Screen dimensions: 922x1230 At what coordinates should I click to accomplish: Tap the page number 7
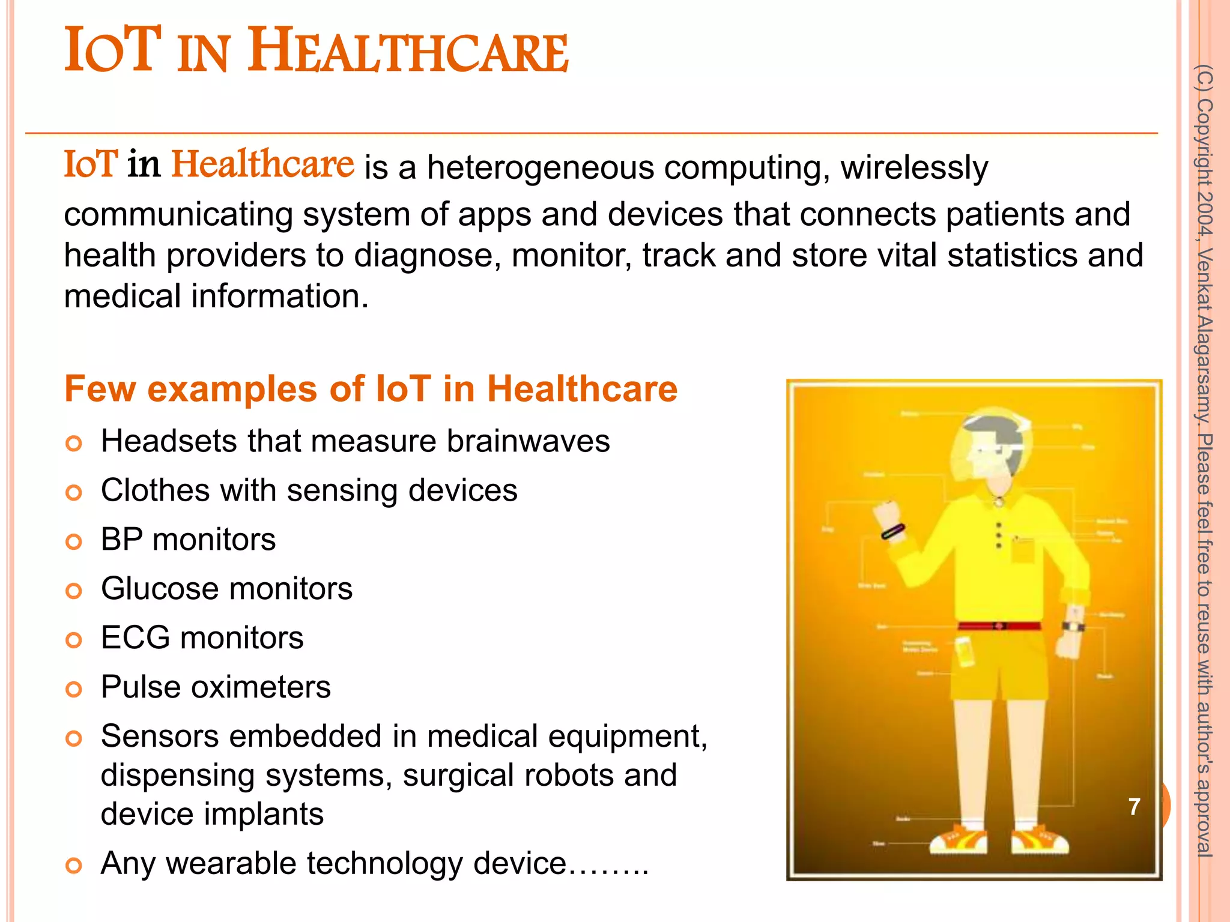click(x=1134, y=807)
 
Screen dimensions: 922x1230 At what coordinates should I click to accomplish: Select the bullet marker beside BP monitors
click(x=73, y=542)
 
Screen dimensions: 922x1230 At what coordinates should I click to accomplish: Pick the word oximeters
click(x=261, y=687)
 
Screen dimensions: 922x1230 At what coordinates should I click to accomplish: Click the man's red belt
click(x=999, y=625)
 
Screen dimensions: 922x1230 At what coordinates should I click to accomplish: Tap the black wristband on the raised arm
click(x=893, y=531)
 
